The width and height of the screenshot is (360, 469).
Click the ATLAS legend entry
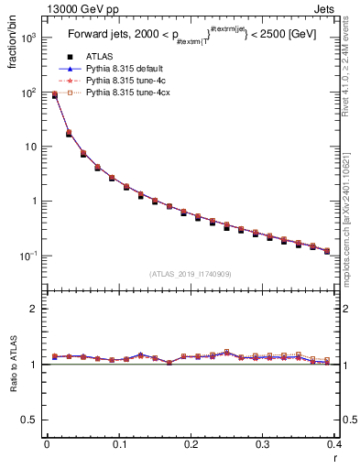101,57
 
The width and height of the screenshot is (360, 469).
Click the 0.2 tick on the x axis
191,445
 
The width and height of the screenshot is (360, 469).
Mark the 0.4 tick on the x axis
334,445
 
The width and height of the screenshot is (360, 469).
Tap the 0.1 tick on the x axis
118,445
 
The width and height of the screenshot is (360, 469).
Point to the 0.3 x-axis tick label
262,445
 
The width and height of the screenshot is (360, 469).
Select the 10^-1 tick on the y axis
27,255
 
